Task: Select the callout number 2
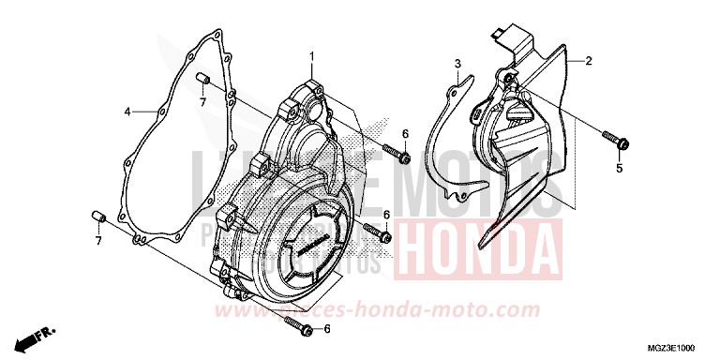coord(589,61)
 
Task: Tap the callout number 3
coord(457,65)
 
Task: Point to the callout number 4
coord(127,112)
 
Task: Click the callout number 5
coord(619,169)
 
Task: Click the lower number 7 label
coord(97,240)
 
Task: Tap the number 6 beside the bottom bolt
coord(327,329)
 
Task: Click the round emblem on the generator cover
coord(309,246)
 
